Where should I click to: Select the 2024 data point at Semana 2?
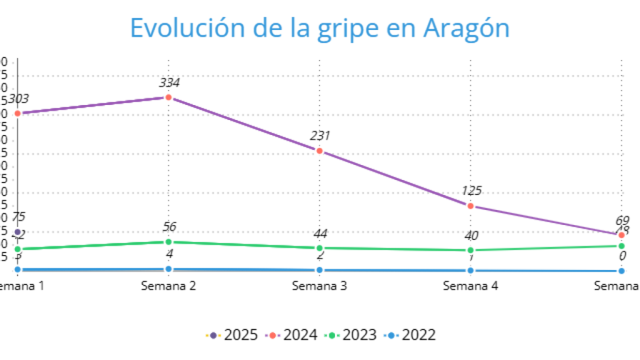point(168,97)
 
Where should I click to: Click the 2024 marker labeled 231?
point(319,151)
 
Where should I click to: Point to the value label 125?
point(471,191)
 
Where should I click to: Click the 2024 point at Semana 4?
point(471,206)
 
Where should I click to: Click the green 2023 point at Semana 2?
point(168,242)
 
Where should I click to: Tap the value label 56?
point(168,227)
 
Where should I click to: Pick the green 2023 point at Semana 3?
point(319,248)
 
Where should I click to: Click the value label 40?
point(471,236)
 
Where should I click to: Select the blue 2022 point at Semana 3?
point(319,270)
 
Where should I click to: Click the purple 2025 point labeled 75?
point(17,232)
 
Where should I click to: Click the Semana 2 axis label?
point(168,286)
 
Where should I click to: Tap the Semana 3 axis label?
point(319,286)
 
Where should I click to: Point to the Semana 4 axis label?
point(471,286)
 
